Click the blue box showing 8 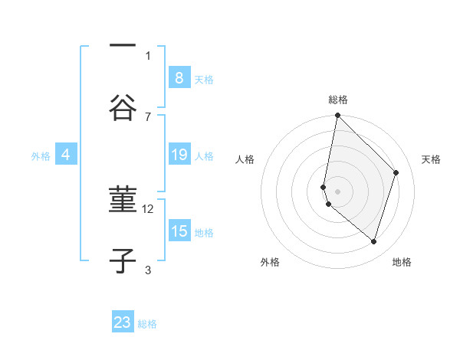click(179, 77)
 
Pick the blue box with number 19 click(179, 155)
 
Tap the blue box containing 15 click(179, 231)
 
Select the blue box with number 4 click(66, 155)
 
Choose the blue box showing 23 click(123, 322)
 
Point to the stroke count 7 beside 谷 click(148, 116)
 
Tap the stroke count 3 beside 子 click(148, 270)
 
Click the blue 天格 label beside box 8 click(204, 79)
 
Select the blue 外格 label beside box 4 click(41, 156)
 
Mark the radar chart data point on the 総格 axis click(337, 116)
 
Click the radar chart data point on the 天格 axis click(396, 172)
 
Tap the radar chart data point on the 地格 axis click(373, 242)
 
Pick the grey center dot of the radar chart click(337, 191)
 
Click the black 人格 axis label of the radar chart click(245, 159)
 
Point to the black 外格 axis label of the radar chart click(269, 262)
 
